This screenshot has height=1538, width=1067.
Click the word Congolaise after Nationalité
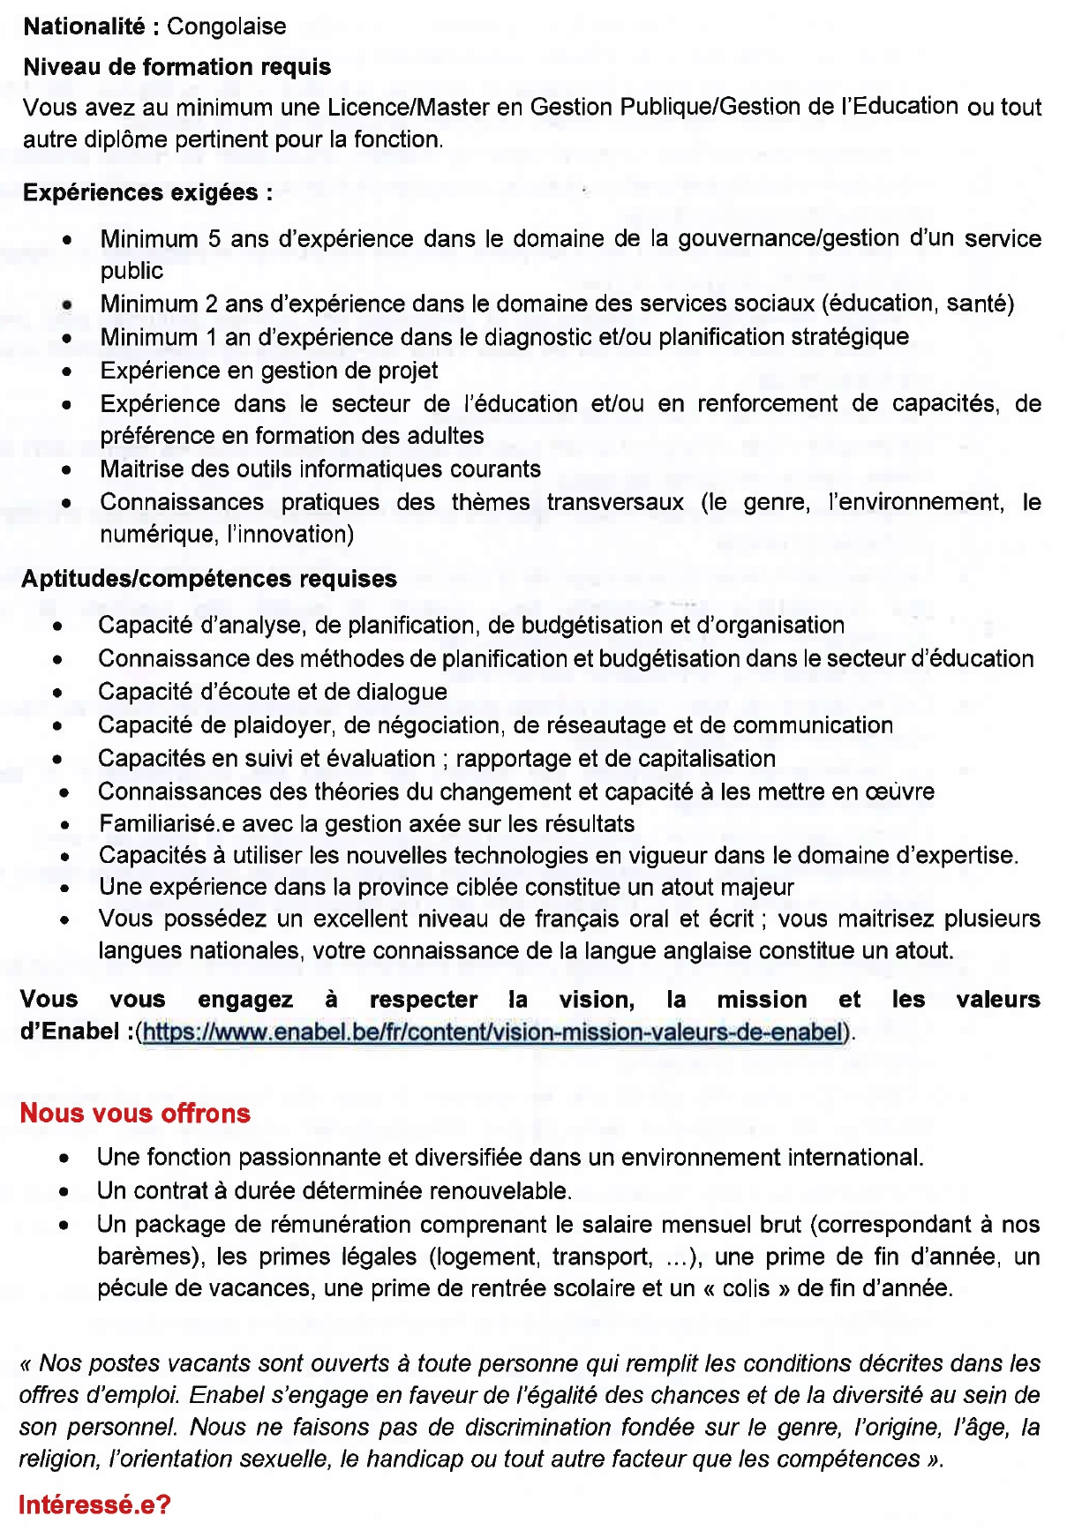tap(226, 26)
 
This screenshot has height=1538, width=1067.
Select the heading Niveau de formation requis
tap(177, 67)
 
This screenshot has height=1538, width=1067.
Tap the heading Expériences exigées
tap(147, 192)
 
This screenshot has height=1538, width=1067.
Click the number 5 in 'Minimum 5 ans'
tap(214, 239)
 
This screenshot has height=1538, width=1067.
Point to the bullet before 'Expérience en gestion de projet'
tap(67, 372)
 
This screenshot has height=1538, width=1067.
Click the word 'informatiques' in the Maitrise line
tap(385, 469)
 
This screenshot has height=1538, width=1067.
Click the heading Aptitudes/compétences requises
tap(208, 579)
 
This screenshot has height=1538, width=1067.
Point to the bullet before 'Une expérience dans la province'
tap(65, 889)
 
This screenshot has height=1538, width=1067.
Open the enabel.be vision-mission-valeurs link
tap(492, 1032)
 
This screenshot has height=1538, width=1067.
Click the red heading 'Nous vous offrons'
tap(135, 1114)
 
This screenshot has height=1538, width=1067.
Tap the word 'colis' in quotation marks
tap(746, 1288)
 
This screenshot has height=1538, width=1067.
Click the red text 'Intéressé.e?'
tap(94, 1505)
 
